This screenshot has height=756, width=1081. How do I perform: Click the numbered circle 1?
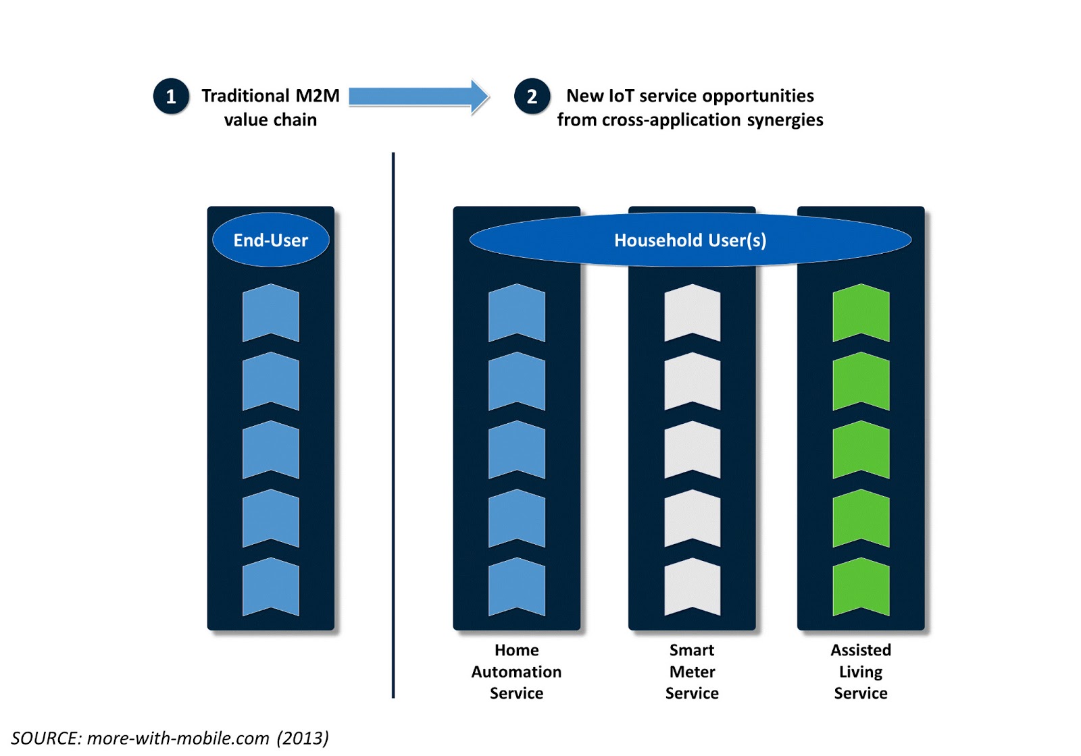click(x=171, y=97)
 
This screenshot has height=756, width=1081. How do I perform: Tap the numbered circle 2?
click(x=532, y=97)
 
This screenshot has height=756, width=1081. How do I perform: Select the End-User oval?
click(x=270, y=240)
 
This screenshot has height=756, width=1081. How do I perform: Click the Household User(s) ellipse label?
click(x=690, y=240)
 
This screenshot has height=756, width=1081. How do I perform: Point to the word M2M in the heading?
click(x=318, y=96)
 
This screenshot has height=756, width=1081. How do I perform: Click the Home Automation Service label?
click(x=516, y=672)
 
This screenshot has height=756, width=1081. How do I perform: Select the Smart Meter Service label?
click(x=692, y=672)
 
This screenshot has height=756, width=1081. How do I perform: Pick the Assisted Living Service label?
click(x=860, y=672)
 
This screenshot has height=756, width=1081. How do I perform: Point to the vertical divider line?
click(x=393, y=425)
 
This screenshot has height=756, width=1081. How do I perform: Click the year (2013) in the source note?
click(x=303, y=738)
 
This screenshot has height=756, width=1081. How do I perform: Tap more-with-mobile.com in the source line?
click(x=178, y=738)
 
